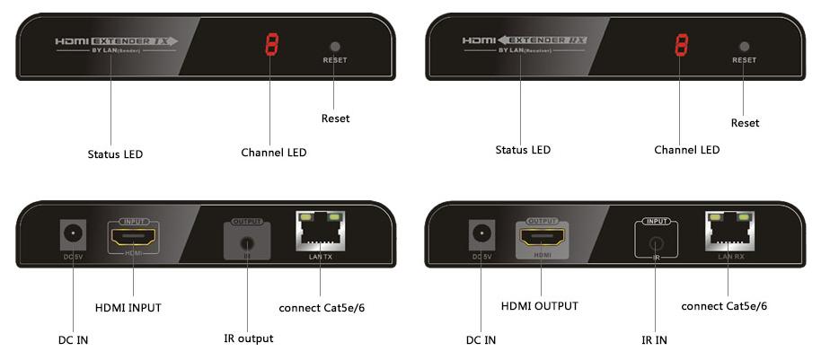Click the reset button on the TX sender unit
click(334, 46)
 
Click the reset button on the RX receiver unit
click(743, 46)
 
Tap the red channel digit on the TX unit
click(271, 45)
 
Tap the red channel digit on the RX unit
click(682, 45)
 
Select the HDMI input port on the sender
click(132, 238)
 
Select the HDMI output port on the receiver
click(542, 238)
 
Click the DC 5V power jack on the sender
click(71, 237)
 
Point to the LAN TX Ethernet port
click(321, 234)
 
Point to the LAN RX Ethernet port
click(730, 234)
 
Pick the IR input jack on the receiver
click(657, 242)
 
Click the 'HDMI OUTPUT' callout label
click(539, 306)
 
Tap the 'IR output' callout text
click(248, 338)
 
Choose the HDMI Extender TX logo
click(116, 40)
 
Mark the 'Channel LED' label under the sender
click(273, 153)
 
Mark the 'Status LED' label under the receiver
click(523, 149)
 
